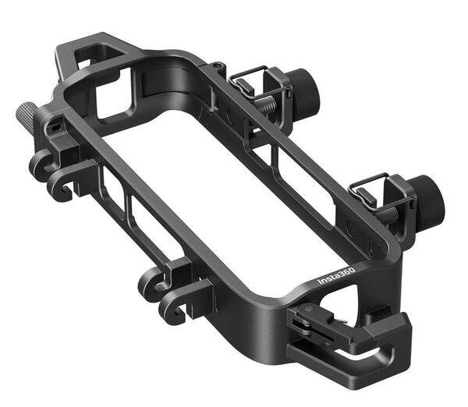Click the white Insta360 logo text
335,276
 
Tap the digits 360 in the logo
348,271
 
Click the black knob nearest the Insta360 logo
427,201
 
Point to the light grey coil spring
266,104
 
